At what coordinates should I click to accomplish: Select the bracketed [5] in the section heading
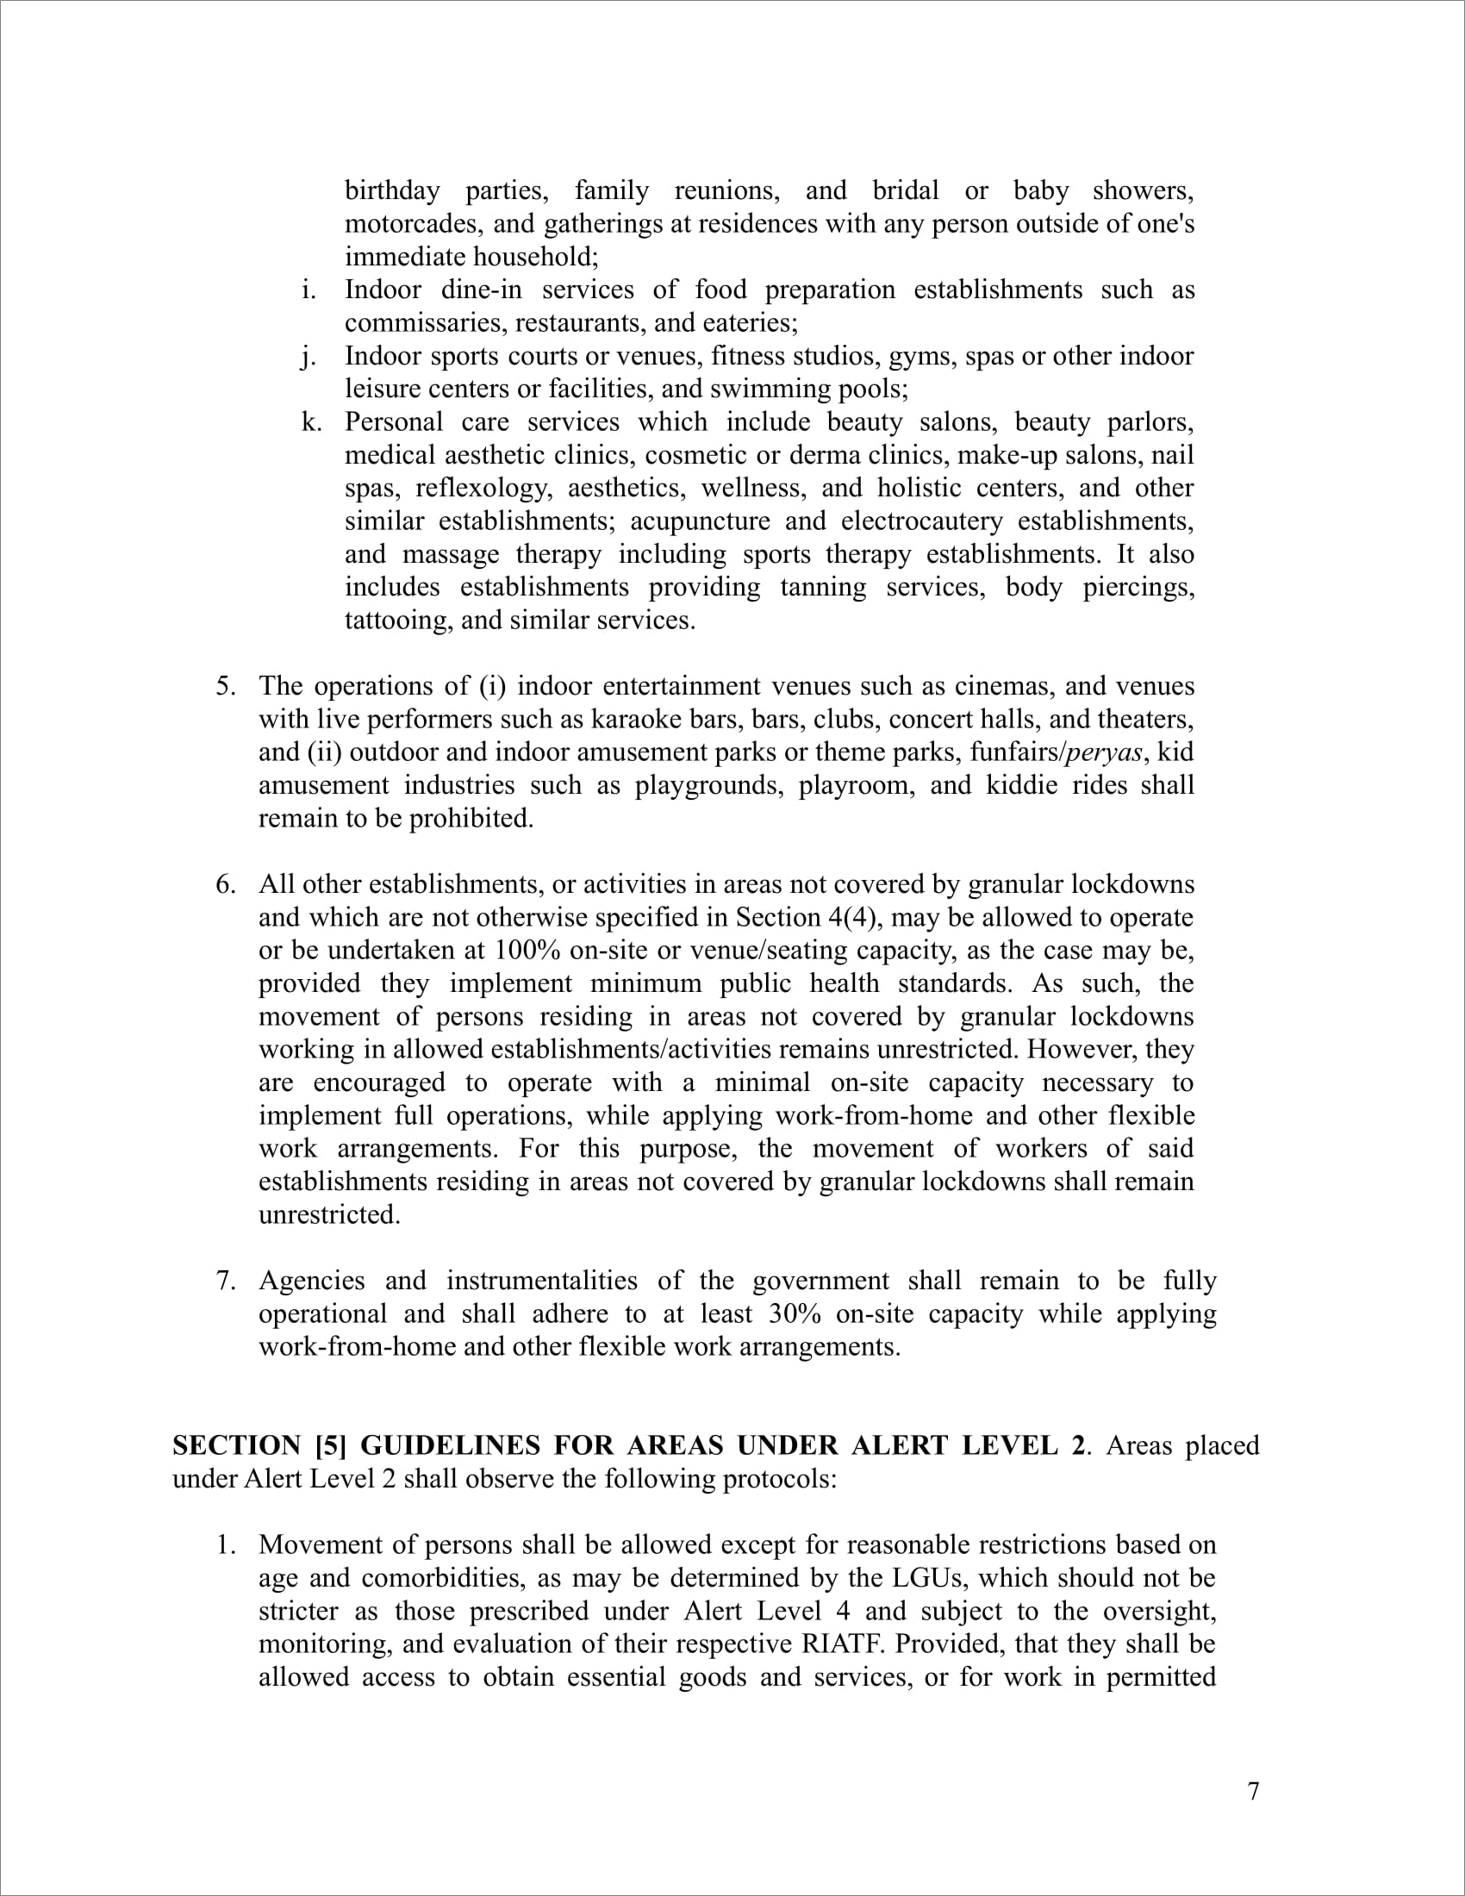pyautogui.click(x=331, y=1445)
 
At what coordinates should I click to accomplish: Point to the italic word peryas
pyautogui.click(x=1104, y=752)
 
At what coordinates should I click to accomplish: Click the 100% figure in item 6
pyautogui.click(x=527, y=951)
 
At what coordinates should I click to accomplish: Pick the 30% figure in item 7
pyautogui.click(x=795, y=1314)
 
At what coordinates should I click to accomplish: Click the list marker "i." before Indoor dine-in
pyautogui.click(x=309, y=290)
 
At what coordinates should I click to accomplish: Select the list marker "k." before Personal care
pyautogui.click(x=311, y=423)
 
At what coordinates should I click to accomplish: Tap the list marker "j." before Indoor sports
pyautogui.click(x=309, y=357)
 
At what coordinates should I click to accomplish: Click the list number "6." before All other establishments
pyautogui.click(x=226, y=884)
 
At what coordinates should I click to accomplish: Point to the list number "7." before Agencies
pyautogui.click(x=226, y=1282)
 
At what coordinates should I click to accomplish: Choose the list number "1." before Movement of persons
pyautogui.click(x=226, y=1545)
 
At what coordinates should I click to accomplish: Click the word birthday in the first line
pyautogui.click(x=392, y=191)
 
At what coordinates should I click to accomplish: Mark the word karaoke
pyautogui.click(x=627, y=720)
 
